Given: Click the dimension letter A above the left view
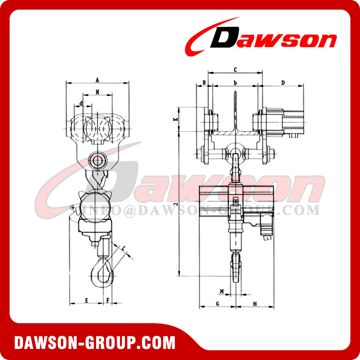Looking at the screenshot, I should click(97, 79).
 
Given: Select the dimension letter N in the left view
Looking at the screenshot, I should click(97, 91).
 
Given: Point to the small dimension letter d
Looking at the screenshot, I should click(82, 103).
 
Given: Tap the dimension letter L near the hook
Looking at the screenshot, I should click(123, 249).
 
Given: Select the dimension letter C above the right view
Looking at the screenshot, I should click(235, 70).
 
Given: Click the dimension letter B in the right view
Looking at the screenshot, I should click(204, 83).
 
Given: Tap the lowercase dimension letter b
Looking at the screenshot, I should click(235, 83).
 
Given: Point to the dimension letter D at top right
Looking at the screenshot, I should click(283, 83).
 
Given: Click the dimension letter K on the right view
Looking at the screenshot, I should click(176, 119).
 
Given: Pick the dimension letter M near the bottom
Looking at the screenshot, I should click(221, 291).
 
